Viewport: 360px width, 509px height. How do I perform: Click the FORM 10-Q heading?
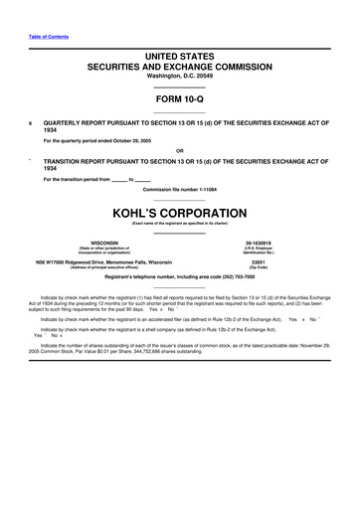[179, 100]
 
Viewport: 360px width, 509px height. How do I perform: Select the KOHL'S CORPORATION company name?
[179, 213]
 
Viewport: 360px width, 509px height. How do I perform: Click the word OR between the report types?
[179, 151]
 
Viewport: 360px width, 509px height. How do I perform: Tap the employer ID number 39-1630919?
[258, 242]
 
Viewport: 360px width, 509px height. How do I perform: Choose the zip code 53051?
[258, 262]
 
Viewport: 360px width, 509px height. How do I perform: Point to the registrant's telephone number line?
[179, 279]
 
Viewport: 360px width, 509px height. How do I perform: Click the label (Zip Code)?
[258, 268]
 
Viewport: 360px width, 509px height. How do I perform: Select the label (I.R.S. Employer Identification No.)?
[258, 250]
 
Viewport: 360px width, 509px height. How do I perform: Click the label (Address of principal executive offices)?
[104, 268]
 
